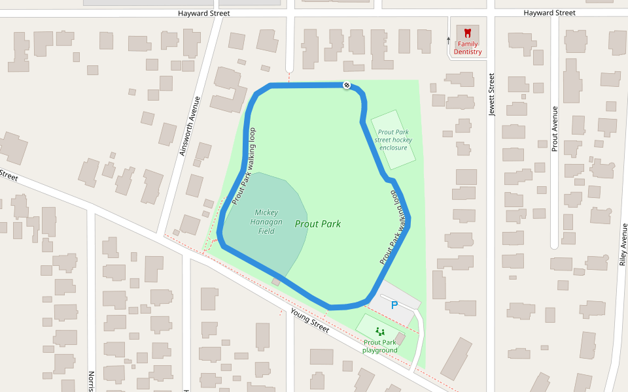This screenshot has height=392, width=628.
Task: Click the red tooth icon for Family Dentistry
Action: click(468, 32)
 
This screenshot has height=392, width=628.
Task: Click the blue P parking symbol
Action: click(394, 305)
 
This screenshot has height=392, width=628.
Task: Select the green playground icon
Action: click(380, 332)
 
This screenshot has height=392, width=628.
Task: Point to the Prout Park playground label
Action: click(380, 346)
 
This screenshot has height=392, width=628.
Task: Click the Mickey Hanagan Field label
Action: click(266, 221)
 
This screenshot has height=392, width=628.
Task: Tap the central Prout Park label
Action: click(318, 224)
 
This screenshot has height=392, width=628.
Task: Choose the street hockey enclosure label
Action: click(393, 139)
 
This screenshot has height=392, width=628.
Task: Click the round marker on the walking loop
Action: click(347, 85)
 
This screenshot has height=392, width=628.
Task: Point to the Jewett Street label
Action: click(492, 95)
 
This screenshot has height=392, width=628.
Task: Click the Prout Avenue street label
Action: click(555, 129)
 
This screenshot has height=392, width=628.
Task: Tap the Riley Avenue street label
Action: click(623, 245)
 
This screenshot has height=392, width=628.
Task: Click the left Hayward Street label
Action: click(204, 13)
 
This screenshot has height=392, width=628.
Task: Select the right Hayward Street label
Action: click(549, 13)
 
